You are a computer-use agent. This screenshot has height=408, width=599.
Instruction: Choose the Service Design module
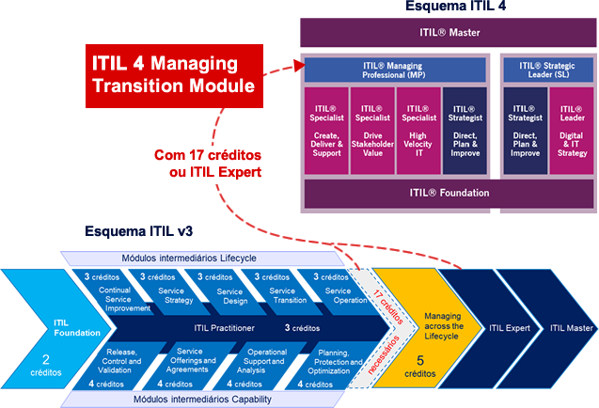pos(218,292)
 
